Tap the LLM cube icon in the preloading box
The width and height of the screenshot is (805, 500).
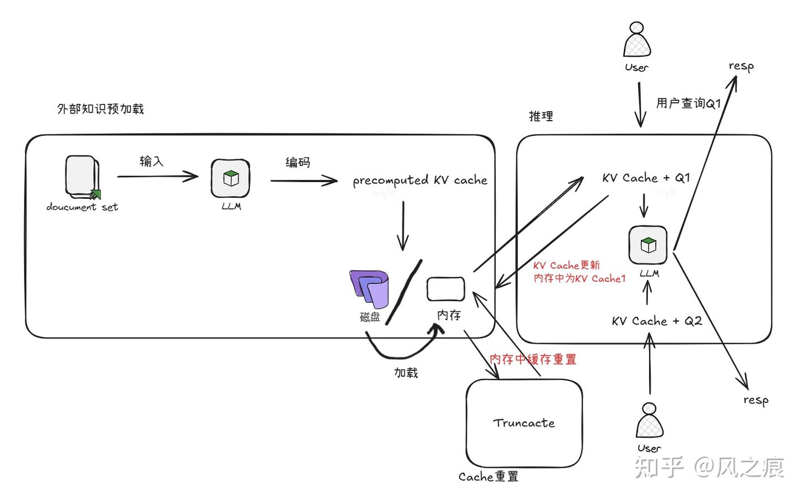230,178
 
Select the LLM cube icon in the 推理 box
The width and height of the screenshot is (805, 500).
647,245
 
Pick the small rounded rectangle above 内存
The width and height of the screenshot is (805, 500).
446,289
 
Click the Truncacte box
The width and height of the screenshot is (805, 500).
524,423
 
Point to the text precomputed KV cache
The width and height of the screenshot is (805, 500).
420,180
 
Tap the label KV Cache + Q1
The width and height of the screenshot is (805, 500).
646,178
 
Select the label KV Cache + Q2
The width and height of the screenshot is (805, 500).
656,321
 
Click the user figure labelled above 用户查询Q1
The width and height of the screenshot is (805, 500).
637,40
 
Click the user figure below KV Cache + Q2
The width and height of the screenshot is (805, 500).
649,420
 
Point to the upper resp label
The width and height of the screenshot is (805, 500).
741,66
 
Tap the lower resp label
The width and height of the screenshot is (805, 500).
756,400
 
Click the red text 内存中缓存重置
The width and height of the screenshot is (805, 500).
532,359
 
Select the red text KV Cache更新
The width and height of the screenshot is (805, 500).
566,265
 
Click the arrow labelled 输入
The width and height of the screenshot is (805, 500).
158,177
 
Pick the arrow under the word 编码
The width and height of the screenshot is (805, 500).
304,180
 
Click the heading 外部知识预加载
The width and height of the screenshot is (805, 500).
101,109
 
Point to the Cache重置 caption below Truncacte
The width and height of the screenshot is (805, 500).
488,477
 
